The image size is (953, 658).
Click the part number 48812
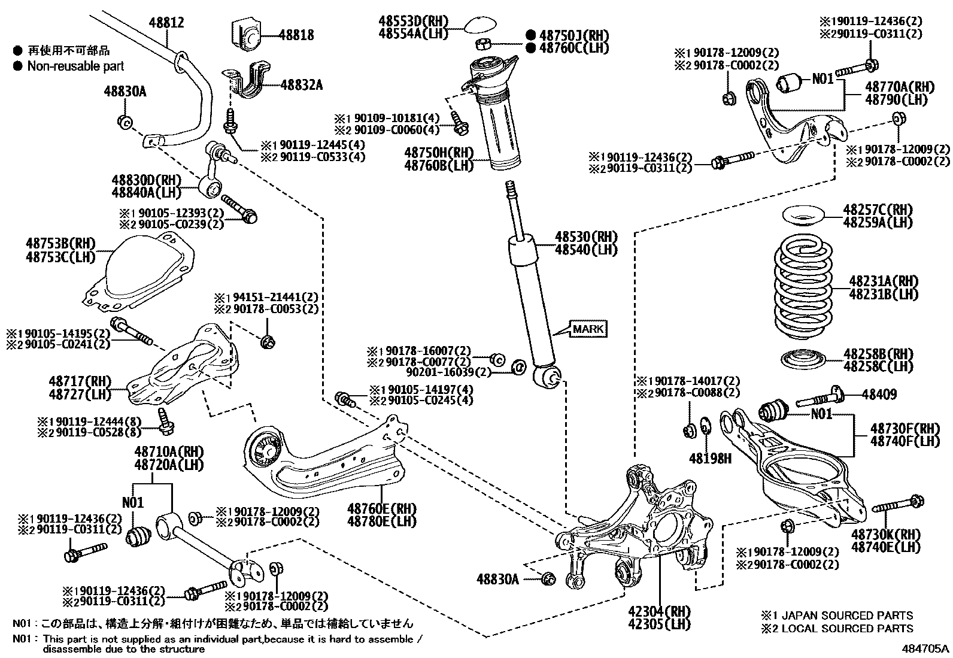166,23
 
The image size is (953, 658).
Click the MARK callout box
588,329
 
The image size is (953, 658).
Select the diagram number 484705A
925,648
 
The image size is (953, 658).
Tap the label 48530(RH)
585,237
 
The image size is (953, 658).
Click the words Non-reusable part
75,66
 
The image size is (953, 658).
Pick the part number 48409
879,394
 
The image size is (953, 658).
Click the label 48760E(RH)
381,508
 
